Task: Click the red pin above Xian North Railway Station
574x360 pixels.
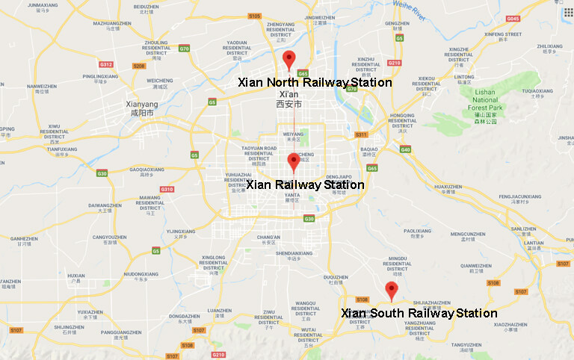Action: (x=289, y=60)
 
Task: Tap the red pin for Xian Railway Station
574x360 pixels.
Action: (x=294, y=161)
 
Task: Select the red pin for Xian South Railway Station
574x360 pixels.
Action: (x=390, y=291)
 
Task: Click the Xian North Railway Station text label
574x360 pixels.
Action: (x=315, y=82)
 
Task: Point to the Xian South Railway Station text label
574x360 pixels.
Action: (x=419, y=313)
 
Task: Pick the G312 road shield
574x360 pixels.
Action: (x=106, y=64)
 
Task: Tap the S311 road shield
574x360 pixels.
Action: (x=361, y=134)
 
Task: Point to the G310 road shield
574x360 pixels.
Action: (x=167, y=189)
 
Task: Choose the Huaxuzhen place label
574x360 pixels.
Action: (x=448, y=187)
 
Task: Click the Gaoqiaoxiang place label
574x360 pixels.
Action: (x=146, y=170)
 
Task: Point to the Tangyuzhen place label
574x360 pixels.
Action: (x=466, y=344)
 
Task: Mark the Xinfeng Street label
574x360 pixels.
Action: (x=503, y=34)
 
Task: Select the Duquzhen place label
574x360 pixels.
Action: (x=336, y=277)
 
